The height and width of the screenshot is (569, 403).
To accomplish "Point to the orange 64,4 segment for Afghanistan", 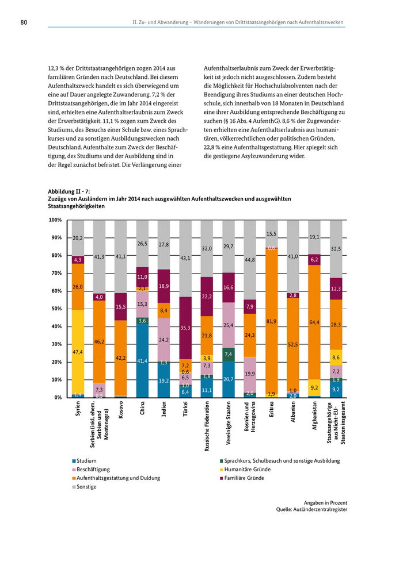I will point(314,322).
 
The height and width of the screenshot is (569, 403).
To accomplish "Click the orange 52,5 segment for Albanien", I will point(293,345).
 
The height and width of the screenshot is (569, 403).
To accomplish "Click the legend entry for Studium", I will point(83,461).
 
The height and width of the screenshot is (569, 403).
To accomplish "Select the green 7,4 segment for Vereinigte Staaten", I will point(229,354).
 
